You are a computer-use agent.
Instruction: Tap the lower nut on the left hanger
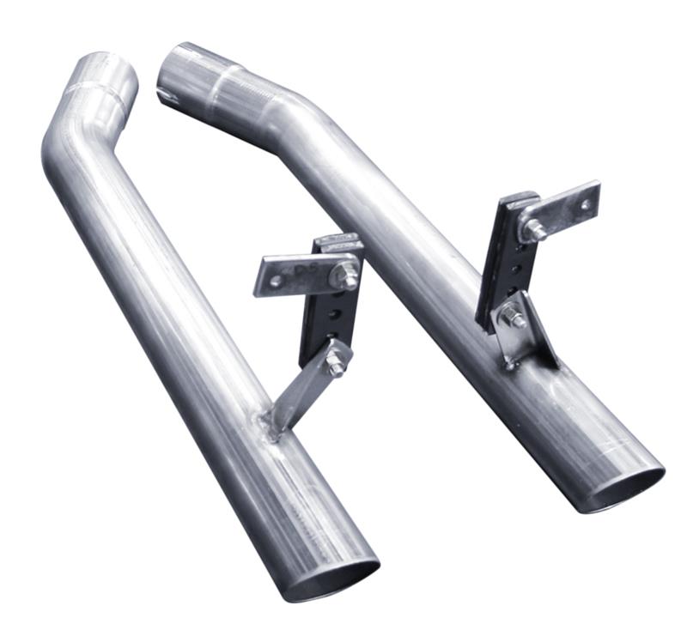(337, 361)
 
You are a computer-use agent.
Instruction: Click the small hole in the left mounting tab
(267, 275)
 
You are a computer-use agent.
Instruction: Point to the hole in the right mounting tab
(587, 204)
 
